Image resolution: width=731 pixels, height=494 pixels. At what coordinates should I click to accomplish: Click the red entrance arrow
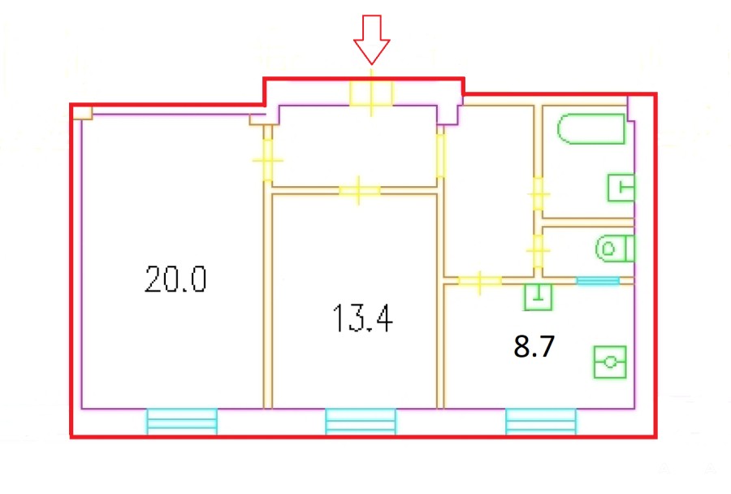coord(371,40)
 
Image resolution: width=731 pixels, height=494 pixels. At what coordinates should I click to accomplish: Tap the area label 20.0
coord(175,279)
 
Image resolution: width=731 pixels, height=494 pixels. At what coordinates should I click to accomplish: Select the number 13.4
coord(363,318)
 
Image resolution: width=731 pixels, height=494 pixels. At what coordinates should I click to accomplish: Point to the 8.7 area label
coord(534,347)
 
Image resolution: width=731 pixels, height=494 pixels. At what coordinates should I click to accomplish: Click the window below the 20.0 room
coord(182,421)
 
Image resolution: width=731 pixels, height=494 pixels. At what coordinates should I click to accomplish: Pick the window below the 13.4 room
coord(361,421)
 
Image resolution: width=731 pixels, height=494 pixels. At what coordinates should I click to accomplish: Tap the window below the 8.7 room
coord(541,421)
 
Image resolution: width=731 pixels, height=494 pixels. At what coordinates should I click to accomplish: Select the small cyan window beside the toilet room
coord(598,280)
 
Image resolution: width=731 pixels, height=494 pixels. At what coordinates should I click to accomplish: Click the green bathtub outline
coord(590,128)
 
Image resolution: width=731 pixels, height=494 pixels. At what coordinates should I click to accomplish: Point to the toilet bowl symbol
coord(615,249)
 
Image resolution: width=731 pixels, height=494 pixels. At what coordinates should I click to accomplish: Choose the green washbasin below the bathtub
coord(621,188)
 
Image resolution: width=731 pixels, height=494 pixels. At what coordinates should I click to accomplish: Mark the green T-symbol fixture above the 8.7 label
coord(539,297)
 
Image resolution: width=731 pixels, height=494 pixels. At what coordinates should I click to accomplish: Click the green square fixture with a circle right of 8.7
coord(610,362)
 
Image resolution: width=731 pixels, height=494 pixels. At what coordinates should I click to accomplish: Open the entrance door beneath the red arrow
coord(371,93)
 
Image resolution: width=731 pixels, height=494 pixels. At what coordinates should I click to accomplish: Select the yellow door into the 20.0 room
coord(267,160)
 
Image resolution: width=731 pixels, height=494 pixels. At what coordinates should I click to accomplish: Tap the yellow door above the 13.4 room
coord(359,190)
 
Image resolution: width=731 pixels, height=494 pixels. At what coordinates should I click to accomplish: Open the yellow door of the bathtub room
coord(539,194)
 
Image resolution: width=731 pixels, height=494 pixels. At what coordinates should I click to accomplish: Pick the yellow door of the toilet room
coord(539,250)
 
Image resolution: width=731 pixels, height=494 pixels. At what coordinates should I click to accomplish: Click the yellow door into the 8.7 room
coord(480,281)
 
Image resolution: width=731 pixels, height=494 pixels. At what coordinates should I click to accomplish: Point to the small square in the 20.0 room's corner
coord(83,113)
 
